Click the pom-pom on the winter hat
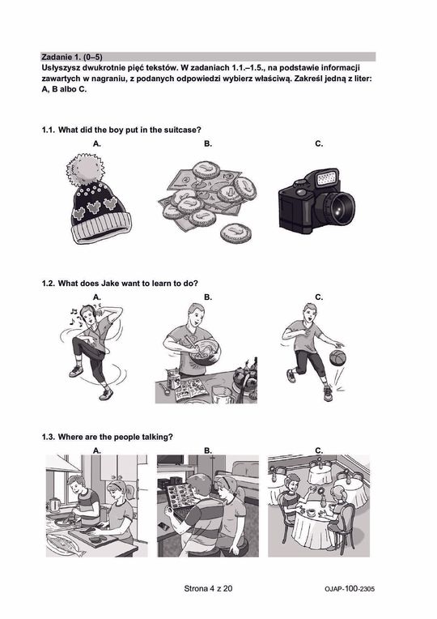[85, 170]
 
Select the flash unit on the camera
[327, 177]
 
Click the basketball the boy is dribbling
[337, 357]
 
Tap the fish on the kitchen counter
[66, 544]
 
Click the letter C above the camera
[319, 143]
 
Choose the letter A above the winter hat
[97, 143]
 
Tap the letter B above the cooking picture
[208, 297]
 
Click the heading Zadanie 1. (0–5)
[72, 57]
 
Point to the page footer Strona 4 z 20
[208, 588]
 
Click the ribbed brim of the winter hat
[102, 228]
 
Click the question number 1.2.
[49, 284]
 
